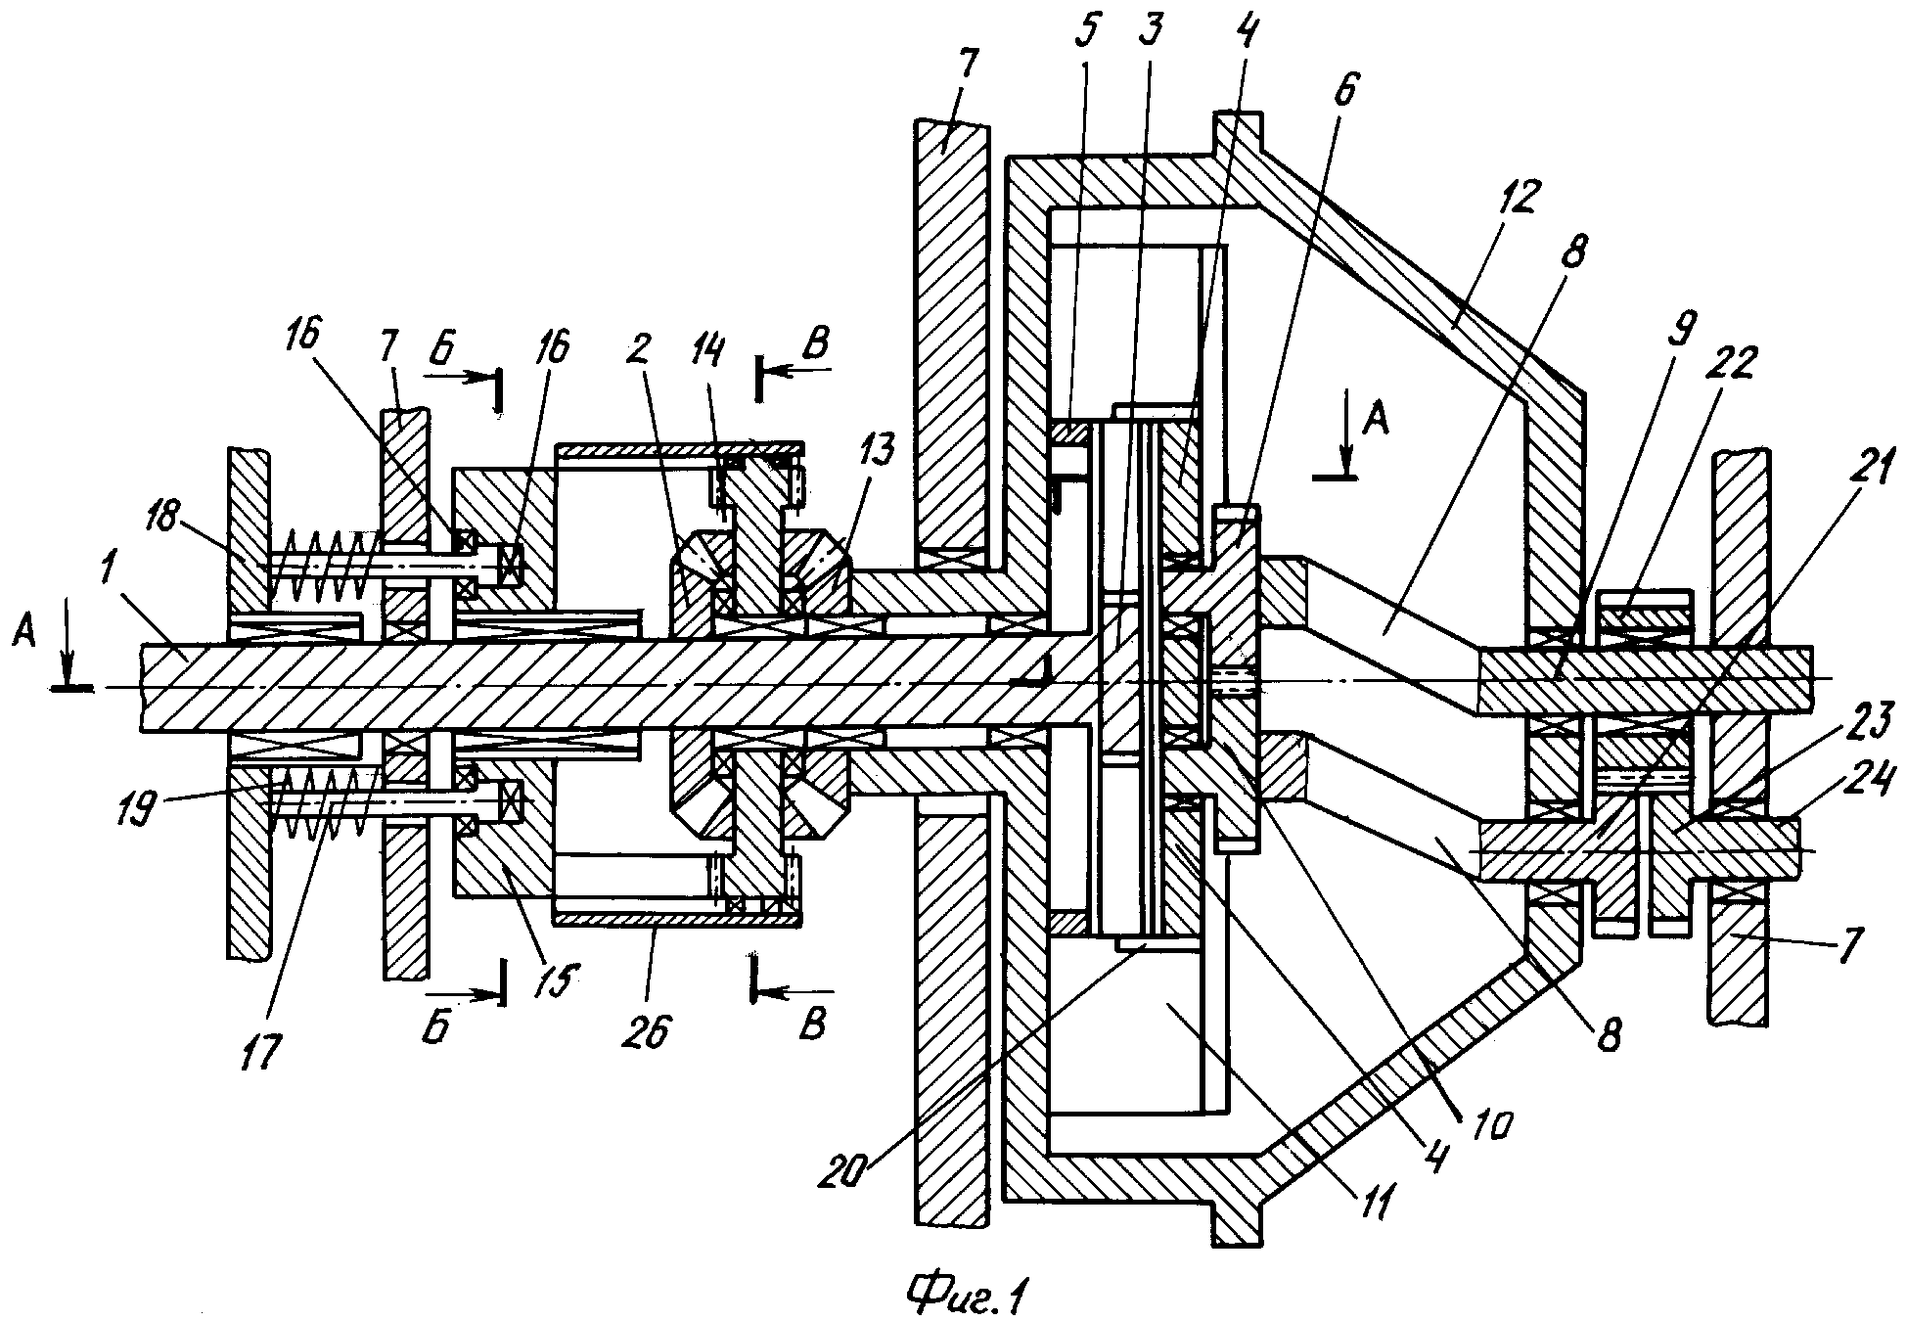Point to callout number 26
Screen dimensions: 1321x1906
click(x=651, y=1028)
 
